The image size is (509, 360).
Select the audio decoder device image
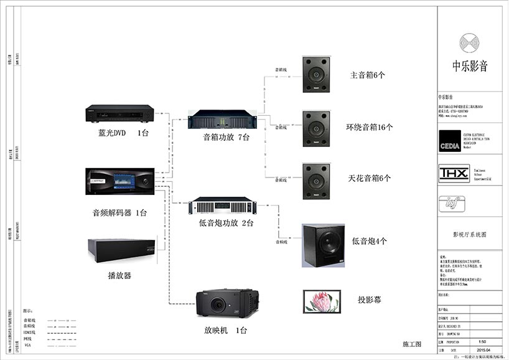[x=119, y=181]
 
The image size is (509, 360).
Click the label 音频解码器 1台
[x=119, y=213]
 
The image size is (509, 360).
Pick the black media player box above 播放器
[x=119, y=250]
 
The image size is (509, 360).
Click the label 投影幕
[x=370, y=300]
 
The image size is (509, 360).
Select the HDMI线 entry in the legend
[x=29, y=332]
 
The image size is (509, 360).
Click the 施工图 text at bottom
[x=412, y=344]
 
